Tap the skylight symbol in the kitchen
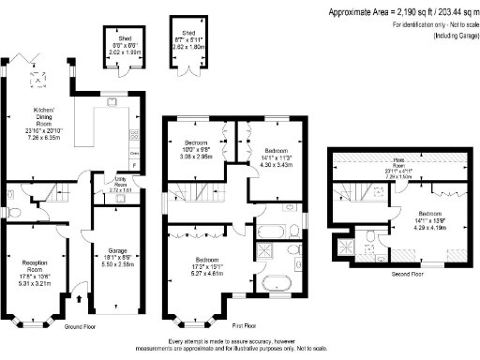[38, 81]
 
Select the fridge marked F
[134, 166]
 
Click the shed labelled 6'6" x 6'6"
[119, 48]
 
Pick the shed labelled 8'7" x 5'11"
[184, 41]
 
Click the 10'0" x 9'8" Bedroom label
[197, 151]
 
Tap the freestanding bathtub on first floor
[278, 285]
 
